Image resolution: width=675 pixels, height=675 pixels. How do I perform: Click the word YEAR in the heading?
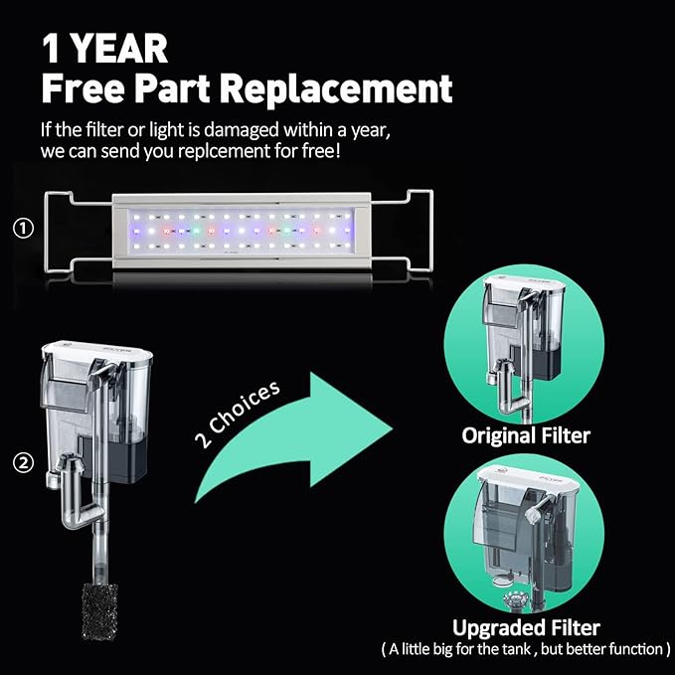pyautogui.click(x=119, y=49)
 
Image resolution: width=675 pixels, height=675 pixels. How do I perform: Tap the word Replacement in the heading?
pyautogui.click(x=336, y=89)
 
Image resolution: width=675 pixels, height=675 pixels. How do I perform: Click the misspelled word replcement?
pyautogui.click(x=225, y=151)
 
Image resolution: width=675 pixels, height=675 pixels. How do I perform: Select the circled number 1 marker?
pyautogui.click(x=23, y=229)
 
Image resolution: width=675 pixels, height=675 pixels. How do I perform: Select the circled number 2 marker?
pyautogui.click(x=23, y=463)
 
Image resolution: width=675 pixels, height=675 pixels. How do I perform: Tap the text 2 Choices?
pyautogui.click(x=238, y=415)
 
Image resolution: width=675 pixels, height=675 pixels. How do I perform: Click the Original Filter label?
pyautogui.click(x=526, y=435)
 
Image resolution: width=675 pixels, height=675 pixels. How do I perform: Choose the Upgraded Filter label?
pyautogui.click(x=526, y=627)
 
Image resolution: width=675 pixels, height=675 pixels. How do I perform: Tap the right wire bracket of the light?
pyautogui.click(x=402, y=232)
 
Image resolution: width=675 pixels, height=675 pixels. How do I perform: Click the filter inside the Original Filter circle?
pyautogui.click(x=524, y=344)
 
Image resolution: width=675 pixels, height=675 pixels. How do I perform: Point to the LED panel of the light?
pyautogui.click(x=241, y=232)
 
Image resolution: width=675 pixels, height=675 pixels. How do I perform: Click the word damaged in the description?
pyautogui.click(x=241, y=130)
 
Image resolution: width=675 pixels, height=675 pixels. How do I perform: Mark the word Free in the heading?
pyautogui.click(x=84, y=88)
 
